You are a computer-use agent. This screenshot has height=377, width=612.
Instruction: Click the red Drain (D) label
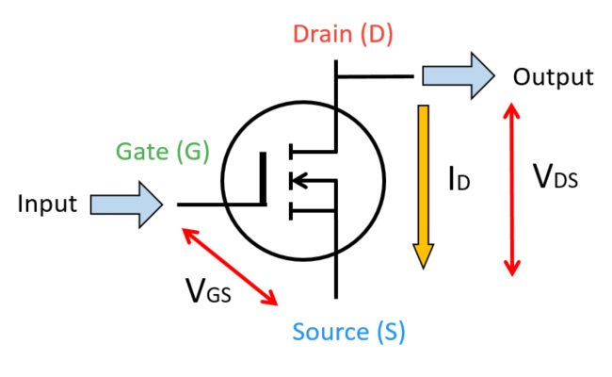coord(343,36)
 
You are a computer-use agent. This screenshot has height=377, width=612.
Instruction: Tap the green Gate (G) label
coord(162,151)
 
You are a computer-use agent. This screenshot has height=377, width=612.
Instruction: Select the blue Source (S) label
coord(348,332)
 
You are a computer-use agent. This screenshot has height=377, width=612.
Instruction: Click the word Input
coord(47,204)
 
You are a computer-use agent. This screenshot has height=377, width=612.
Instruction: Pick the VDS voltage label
coord(556,176)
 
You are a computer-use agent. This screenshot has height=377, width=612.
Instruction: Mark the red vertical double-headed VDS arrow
coord(511,188)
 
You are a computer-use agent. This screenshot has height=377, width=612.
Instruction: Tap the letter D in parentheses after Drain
coord(374,36)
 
